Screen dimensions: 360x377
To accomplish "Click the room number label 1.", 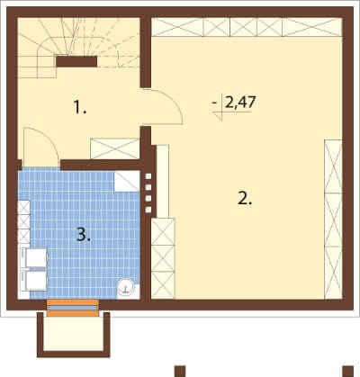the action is click(x=80, y=107).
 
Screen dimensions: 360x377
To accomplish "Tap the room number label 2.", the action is click(x=245, y=198).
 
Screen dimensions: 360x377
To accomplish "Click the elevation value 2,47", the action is click(x=240, y=103).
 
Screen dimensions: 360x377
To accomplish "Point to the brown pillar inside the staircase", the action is click(x=76, y=61).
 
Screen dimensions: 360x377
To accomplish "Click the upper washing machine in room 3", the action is click(x=33, y=257).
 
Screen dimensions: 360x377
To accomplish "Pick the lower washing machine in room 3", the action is click(x=33, y=281).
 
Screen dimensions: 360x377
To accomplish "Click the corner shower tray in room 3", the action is click(x=127, y=181).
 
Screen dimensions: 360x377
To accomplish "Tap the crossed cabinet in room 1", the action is click(x=114, y=148).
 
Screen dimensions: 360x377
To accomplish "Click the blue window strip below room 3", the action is click(x=73, y=308).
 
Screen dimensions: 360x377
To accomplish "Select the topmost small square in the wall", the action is click(x=148, y=176).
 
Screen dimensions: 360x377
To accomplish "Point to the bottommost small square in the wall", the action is click(x=148, y=210).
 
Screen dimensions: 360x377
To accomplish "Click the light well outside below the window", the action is click(x=73, y=333).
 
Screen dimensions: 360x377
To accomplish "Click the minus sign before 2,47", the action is click(x=214, y=103).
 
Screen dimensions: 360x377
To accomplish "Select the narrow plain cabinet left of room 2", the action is click(x=163, y=181).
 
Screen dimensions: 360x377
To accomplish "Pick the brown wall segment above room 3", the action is click(x=101, y=165).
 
